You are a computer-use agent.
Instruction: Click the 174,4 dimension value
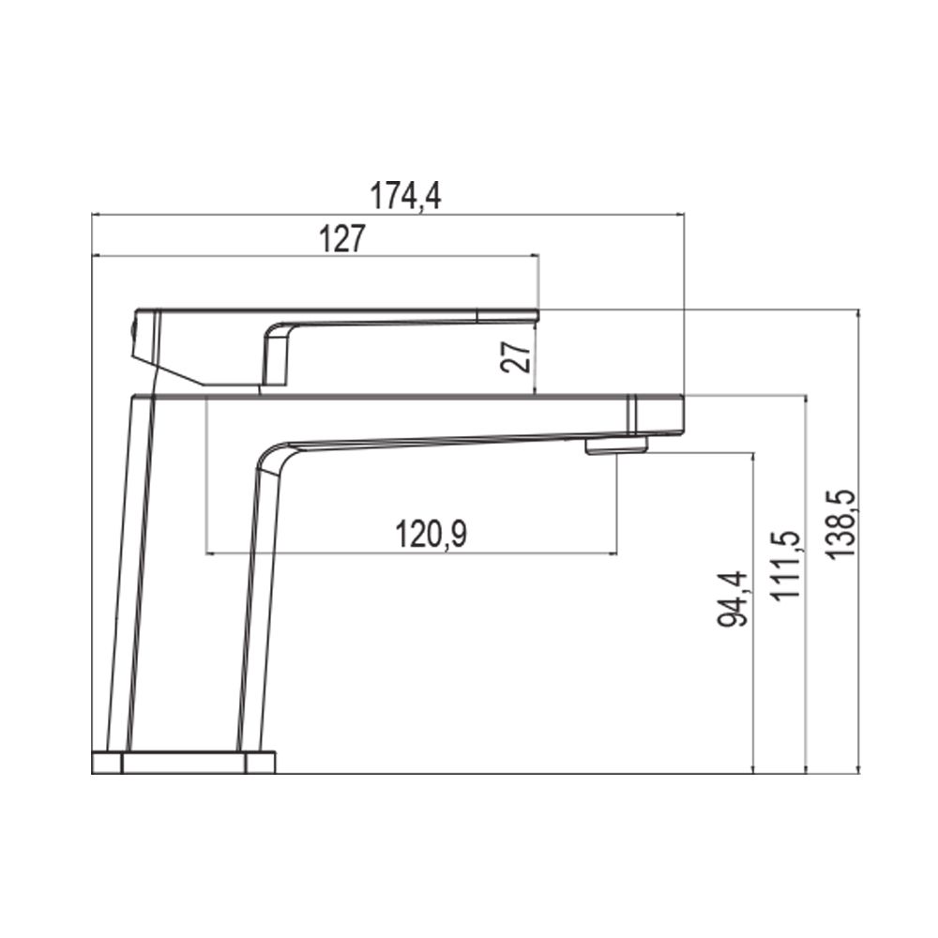click(x=405, y=196)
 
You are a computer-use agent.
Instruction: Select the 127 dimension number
click(x=341, y=238)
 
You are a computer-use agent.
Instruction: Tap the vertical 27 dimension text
click(x=516, y=357)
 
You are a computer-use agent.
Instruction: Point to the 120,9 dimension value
click(x=431, y=535)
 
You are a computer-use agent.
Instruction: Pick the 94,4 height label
click(x=733, y=598)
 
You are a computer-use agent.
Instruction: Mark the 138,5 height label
click(x=841, y=524)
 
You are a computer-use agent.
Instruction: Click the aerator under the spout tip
click(x=617, y=446)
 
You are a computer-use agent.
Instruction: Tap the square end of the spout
click(x=656, y=414)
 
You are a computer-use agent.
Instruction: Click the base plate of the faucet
click(x=184, y=762)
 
